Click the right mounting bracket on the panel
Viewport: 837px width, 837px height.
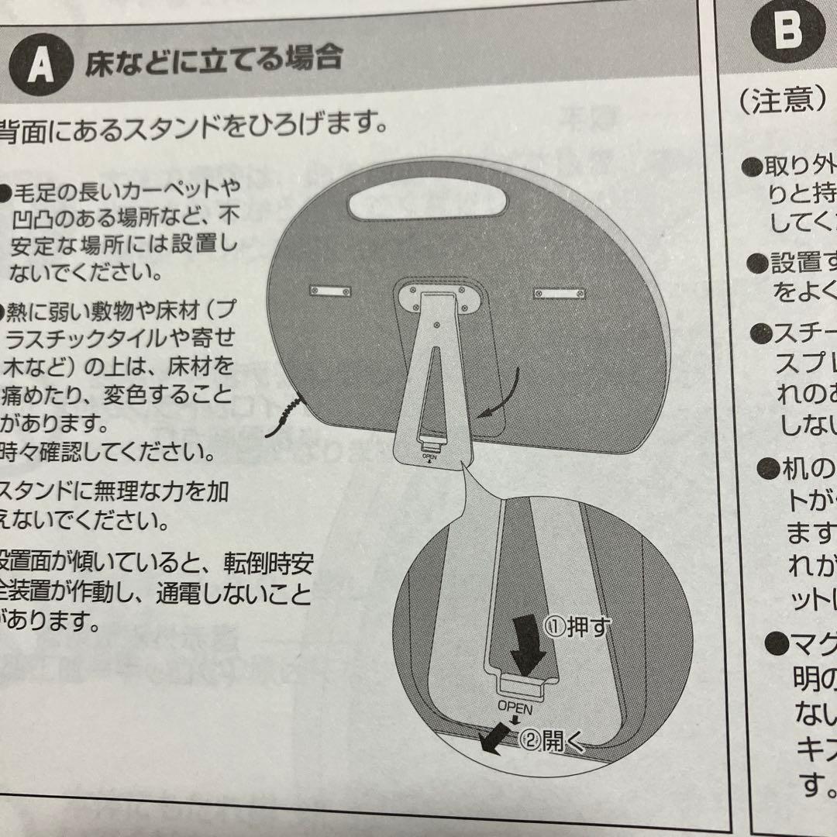click(560, 293)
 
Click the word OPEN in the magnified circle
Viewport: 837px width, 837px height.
click(515, 706)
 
